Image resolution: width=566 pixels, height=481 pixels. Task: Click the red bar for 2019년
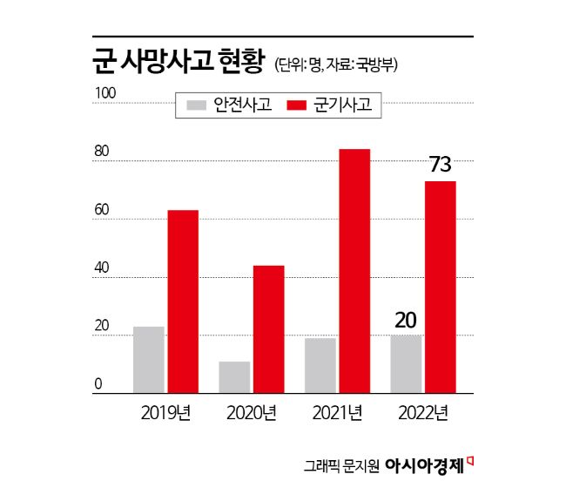click(183, 301)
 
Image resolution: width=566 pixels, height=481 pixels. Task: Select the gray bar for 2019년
click(149, 360)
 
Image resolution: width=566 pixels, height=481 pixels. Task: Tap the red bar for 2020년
click(268, 329)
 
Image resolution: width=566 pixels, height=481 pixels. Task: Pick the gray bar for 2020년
click(234, 377)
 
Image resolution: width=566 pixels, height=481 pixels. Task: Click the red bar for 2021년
click(354, 271)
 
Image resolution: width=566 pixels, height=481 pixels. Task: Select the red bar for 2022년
click(440, 288)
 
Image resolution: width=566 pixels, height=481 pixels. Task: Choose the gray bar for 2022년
click(406, 364)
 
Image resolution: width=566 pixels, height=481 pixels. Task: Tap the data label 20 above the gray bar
click(406, 320)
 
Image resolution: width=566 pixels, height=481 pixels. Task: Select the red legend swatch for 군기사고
click(298, 105)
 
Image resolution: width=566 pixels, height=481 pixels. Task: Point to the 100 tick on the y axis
click(103, 92)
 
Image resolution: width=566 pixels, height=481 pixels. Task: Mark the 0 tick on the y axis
click(98, 384)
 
